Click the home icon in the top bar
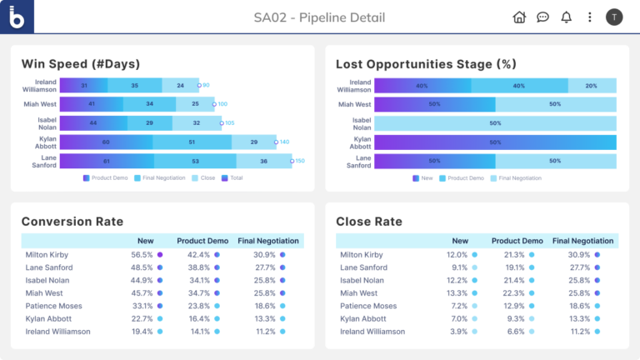(519, 17)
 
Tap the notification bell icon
(567, 17)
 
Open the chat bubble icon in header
(542, 17)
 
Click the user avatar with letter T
(614, 17)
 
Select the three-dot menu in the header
(590, 17)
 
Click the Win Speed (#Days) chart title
(80, 64)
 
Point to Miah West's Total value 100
(222, 104)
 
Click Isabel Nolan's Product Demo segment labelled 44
(93, 123)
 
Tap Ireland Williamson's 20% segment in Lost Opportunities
(591, 86)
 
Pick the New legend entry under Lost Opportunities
(425, 178)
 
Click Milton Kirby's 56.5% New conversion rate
(142, 254)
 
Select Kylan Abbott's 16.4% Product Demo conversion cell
(198, 318)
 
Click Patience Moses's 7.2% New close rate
(457, 305)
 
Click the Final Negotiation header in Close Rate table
(582, 241)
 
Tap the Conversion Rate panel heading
(72, 222)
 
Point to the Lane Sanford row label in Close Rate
(363, 267)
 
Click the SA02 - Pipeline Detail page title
(319, 17)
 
